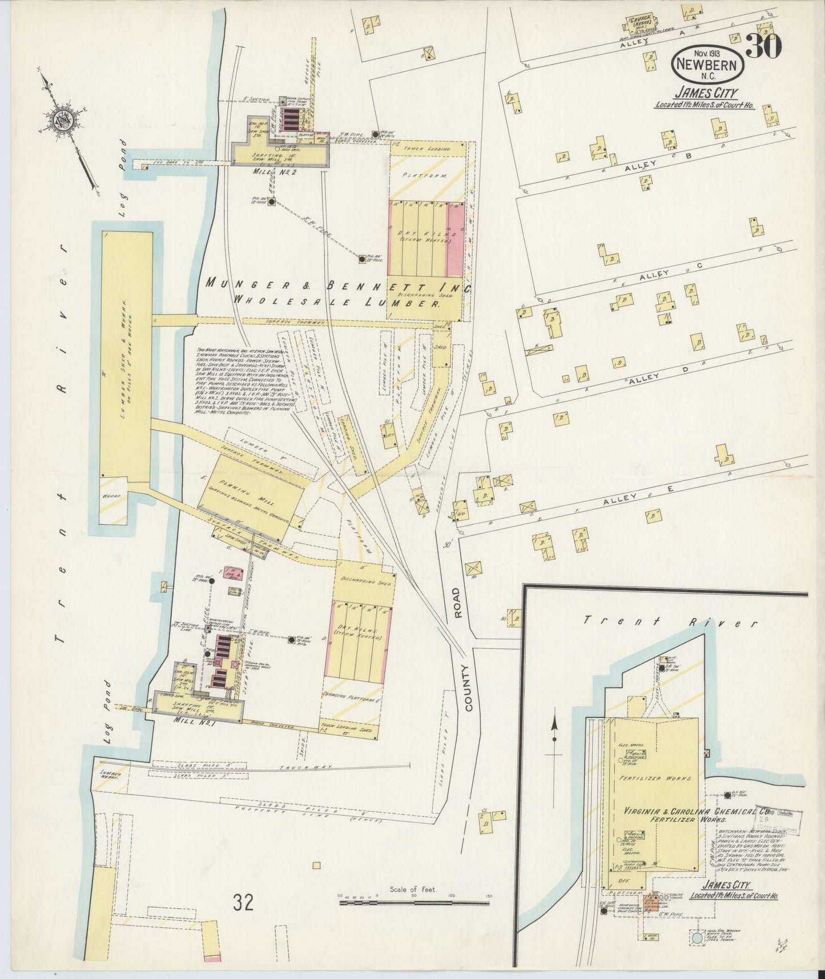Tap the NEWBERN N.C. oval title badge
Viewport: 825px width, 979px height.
coord(708,65)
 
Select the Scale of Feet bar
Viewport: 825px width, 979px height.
coord(413,904)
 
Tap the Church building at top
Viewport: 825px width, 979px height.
coord(643,24)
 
